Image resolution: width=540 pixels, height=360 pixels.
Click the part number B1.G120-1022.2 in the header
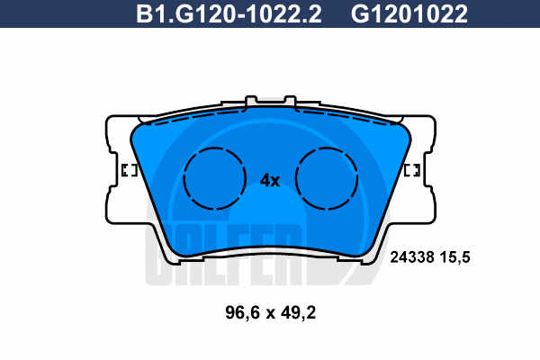pyautogui.click(x=229, y=14)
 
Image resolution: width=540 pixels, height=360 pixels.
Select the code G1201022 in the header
pyautogui.click(x=409, y=14)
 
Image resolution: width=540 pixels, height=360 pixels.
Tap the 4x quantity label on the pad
pyautogui.click(x=270, y=180)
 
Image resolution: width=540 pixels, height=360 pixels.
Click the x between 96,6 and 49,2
pyautogui.click(x=271, y=314)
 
